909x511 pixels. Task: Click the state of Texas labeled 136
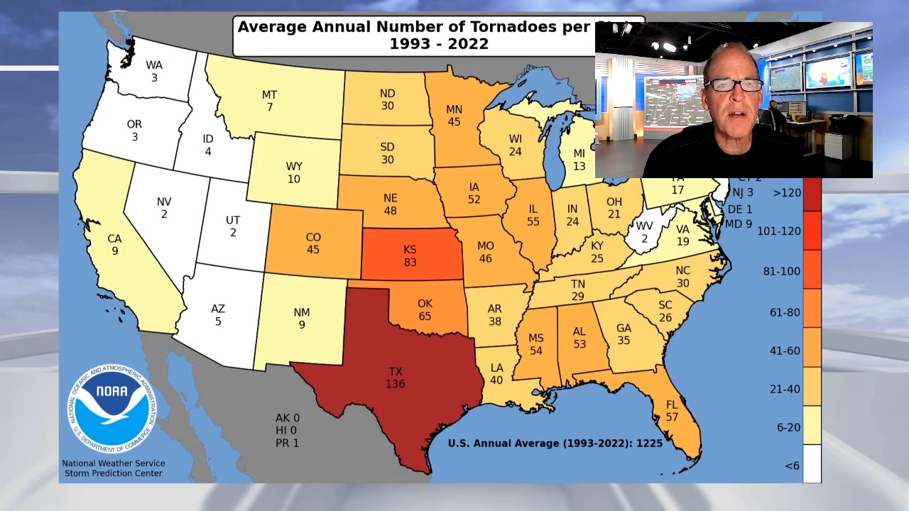(395, 378)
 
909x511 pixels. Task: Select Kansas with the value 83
(410, 255)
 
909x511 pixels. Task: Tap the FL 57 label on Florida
(672, 411)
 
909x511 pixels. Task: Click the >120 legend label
(787, 192)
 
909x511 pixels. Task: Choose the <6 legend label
(793, 466)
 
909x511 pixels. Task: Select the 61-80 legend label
(784, 312)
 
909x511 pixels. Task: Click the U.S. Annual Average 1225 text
(555, 443)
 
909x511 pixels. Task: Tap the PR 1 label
(287, 443)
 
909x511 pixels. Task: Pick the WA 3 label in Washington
(154, 71)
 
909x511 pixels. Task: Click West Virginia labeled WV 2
(644, 232)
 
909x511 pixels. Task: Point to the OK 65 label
(425, 309)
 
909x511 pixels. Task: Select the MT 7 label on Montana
(269, 101)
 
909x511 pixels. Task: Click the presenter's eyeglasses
(734, 85)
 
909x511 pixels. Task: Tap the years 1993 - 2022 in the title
(439, 44)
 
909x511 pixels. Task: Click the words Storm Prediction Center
(114, 473)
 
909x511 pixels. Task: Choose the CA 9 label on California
(114, 245)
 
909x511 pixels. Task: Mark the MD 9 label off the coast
(738, 224)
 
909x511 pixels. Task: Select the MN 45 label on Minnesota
(454, 116)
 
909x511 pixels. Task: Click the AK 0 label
(287, 418)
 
